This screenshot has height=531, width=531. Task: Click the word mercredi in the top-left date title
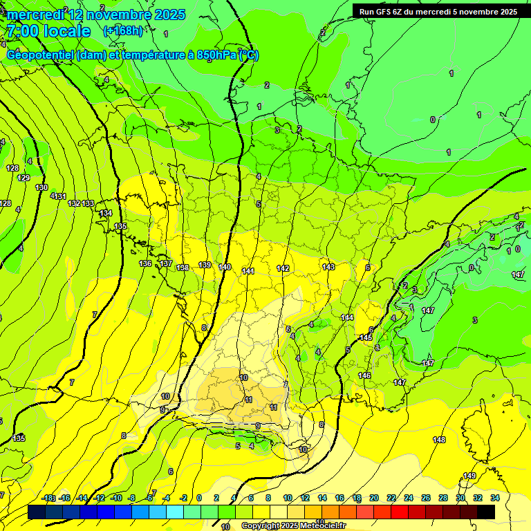point(37,15)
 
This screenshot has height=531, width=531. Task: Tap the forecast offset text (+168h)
point(123,30)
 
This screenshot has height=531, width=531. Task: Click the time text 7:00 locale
point(48,31)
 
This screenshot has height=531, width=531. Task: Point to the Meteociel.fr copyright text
point(293,526)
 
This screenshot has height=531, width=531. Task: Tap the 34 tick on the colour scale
point(494,498)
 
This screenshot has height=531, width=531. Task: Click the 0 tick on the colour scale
point(199,498)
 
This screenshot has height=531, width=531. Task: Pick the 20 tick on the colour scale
point(374,498)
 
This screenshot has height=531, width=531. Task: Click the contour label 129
point(24,178)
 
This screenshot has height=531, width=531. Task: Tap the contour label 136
point(145,263)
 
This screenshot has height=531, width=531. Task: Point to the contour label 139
point(205,265)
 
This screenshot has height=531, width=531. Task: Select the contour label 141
point(248,270)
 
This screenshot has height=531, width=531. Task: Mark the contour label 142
point(283,268)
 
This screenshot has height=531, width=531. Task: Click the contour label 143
point(328,267)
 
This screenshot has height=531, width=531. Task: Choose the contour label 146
point(364,375)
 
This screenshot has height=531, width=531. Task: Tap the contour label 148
point(439,440)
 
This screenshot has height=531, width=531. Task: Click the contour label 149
point(469,476)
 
